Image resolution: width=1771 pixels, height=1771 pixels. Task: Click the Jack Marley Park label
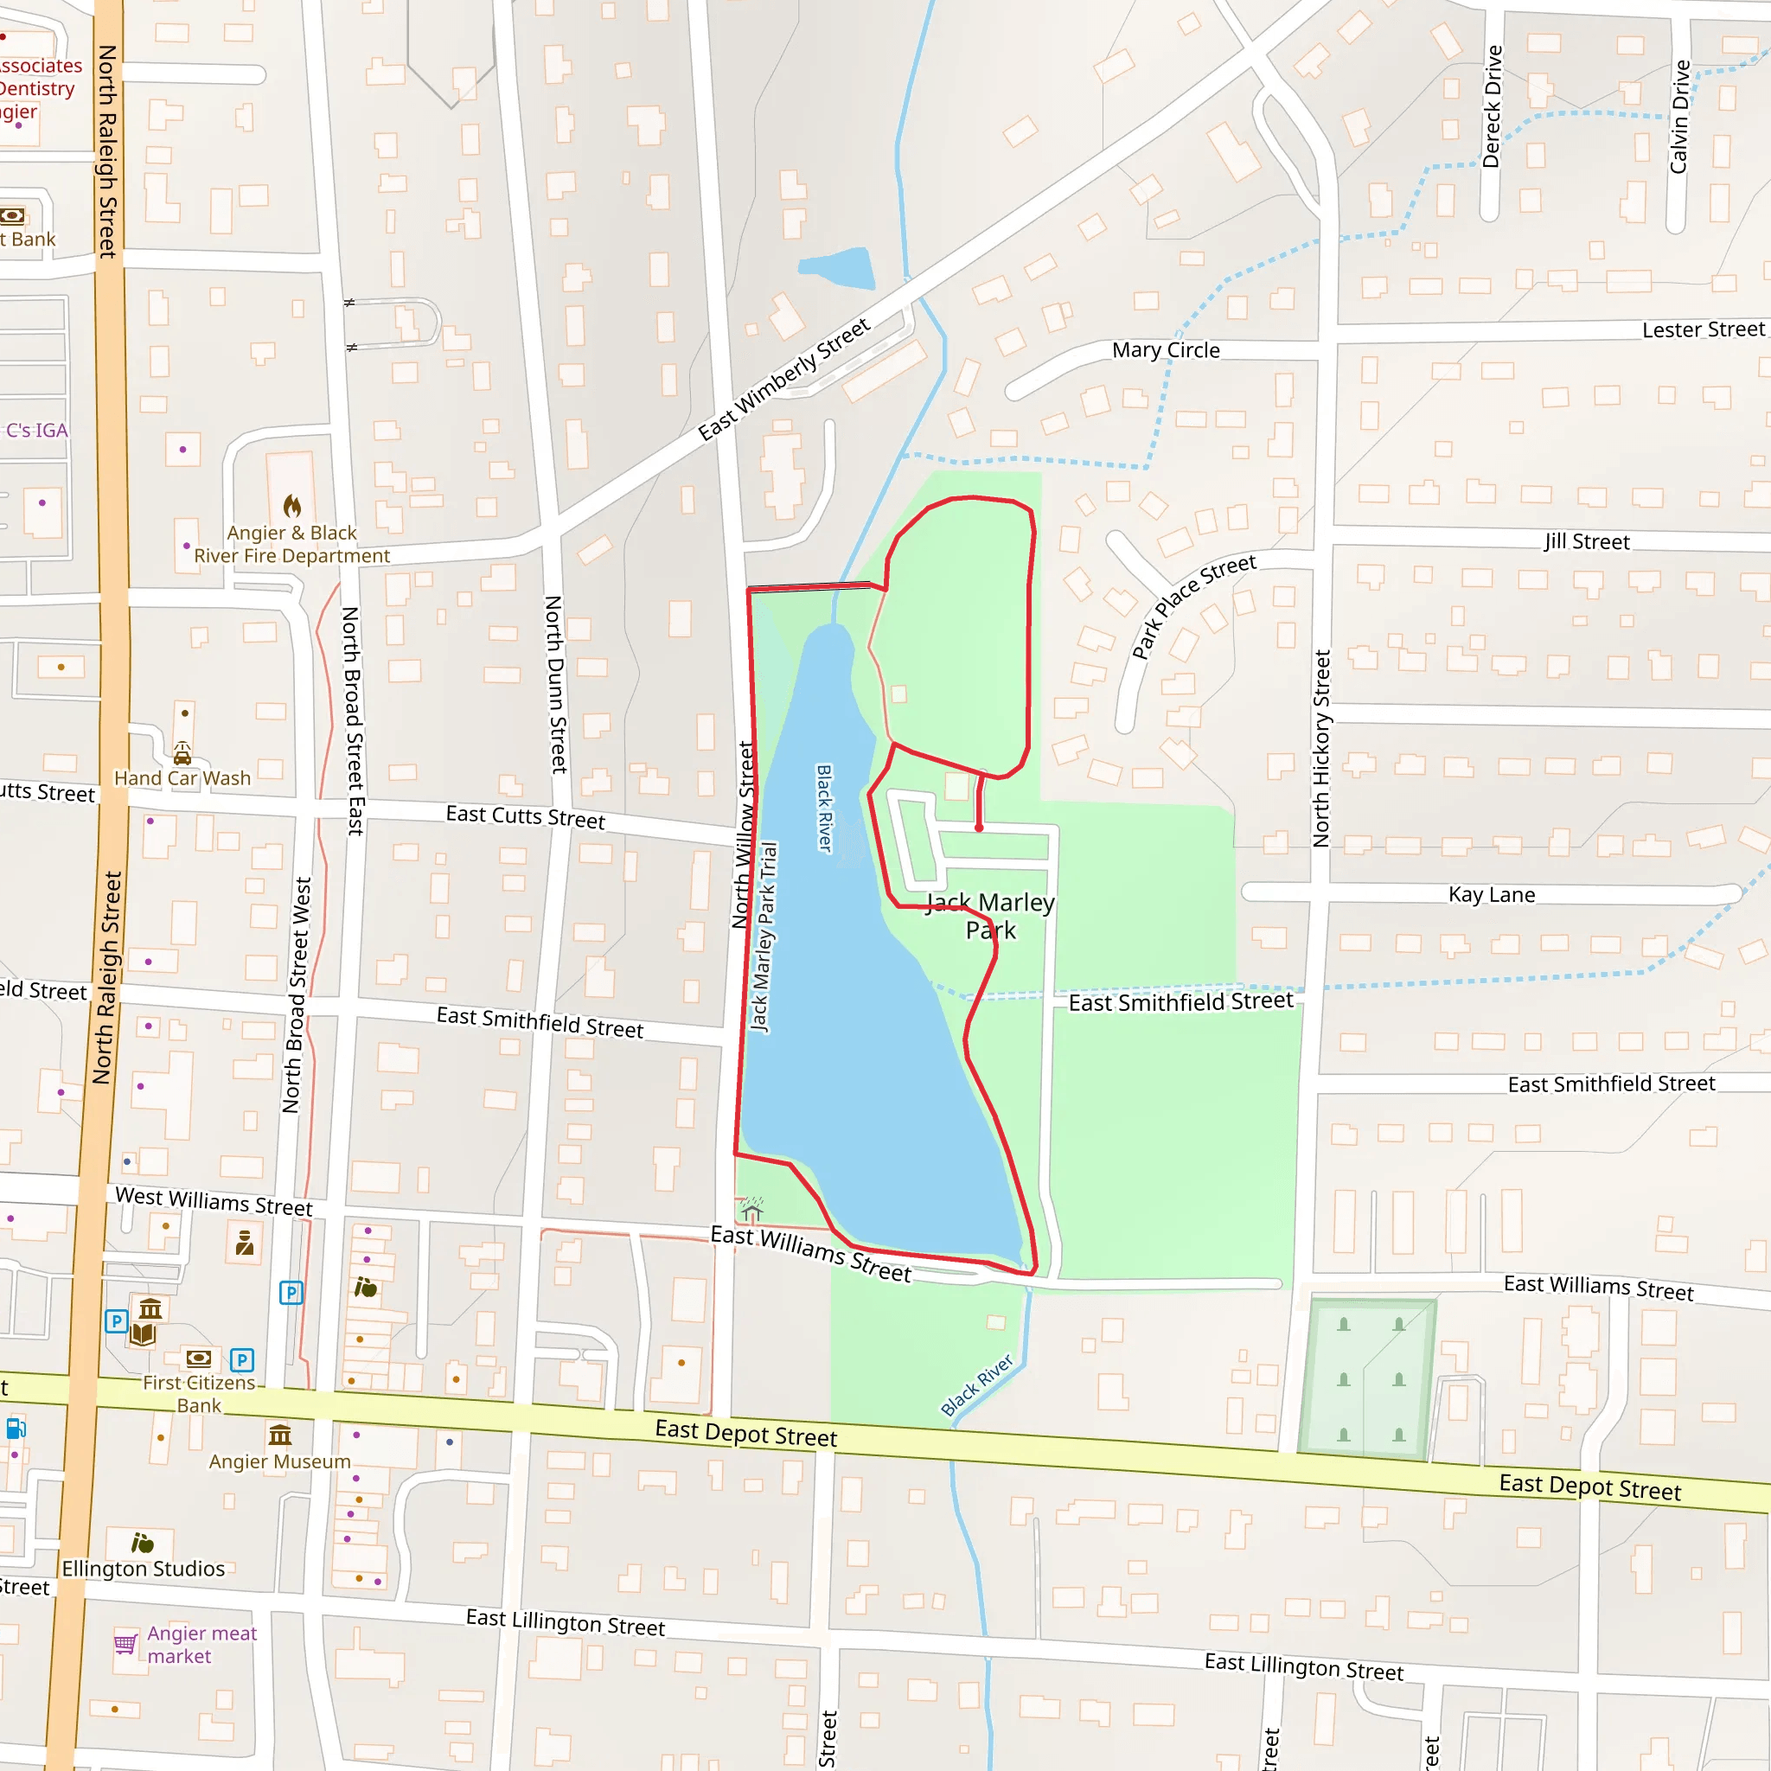pyautogui.click(x=991, y=916)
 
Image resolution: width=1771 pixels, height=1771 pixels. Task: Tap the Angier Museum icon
pyautogui.click(x=279, y=1434)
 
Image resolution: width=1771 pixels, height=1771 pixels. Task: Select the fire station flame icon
pyautogui.click(x=292, y=506)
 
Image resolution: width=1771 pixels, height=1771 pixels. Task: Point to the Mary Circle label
pyautogui.click(x=1165, y=350)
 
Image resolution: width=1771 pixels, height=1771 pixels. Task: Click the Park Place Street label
pyautogui.click(x=1192, y=606)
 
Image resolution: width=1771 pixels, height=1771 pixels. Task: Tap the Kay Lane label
pyautogui.click(x=1492, y=895)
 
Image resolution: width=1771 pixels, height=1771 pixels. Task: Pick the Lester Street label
pyautogui.click(x=1704, y=330)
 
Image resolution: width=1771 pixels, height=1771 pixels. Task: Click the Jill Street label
pyautogui.click(x=1587, y=541)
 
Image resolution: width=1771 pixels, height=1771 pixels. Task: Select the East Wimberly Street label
pyautogui.click(x=783, y=380)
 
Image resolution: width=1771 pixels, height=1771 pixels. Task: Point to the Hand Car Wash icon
pyautogui.click(x=182, y=753)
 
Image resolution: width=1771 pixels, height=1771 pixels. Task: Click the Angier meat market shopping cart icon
pyautogui.click(x=125, y=1644)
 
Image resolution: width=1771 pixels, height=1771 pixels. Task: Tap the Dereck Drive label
pyautogui.click(x=1493, y=106)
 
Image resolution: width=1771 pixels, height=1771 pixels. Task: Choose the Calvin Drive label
pyautogui.click(x=1679, y=117)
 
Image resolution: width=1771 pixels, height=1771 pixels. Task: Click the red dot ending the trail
pyautogui.click(x=979, y=828)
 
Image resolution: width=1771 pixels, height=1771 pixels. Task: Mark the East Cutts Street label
pyautogui.click(x=525, y=815)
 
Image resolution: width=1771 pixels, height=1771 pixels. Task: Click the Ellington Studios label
pyautogui.click(x=143, y=1569)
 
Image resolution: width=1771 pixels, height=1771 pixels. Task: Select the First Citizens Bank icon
pyautogui.click(x=198, y=1359)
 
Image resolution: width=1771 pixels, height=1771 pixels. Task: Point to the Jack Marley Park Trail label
pyautogui.click(x=764, y=936)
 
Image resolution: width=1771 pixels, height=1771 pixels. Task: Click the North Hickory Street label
pyautogui.click(x=1321, y=748)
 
